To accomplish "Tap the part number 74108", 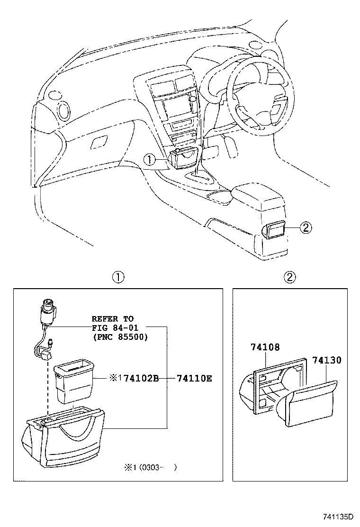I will [265, 347].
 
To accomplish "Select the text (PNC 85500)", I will [119, 337].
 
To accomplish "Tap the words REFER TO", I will [112, 319].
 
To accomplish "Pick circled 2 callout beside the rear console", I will [306, 228].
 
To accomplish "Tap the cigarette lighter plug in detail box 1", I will [48, 310].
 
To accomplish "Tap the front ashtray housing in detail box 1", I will [66, 436].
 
